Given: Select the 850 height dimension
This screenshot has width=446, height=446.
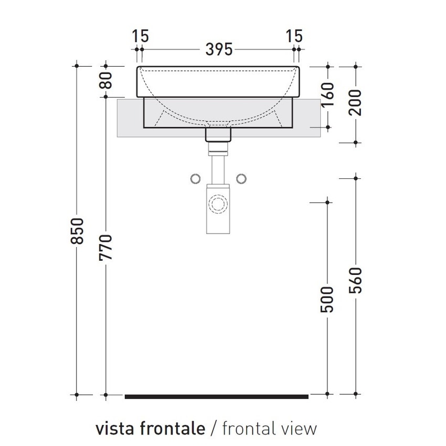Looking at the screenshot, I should pos(77,231).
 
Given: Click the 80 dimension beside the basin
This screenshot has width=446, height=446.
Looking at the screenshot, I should pos(107,81).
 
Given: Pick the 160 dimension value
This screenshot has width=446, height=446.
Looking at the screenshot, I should pos(328,95).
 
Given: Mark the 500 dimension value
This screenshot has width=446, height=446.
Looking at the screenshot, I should pos(328,300).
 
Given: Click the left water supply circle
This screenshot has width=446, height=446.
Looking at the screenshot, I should pos(195,179).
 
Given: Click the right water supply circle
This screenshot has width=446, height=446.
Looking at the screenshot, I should pos(242,179).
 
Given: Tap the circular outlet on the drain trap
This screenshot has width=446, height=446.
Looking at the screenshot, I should pos(218,203).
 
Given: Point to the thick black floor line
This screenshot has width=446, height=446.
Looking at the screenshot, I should pos(216,397).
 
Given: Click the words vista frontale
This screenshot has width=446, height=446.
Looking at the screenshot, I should pos(150,428).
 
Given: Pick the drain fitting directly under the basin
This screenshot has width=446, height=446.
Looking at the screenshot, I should pos(218,135).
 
